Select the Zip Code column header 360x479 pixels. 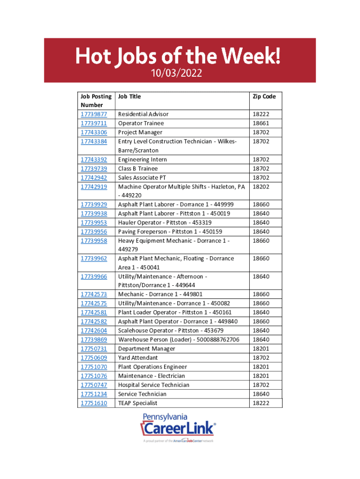pyautogui.click(x=264, y=96)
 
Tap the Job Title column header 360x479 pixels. pyautogui.click(x=130, y=96)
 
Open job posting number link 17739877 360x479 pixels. pyautogui.click(x=94, y=114)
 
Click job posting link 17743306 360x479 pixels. pyautogui.click(x=94, y=132)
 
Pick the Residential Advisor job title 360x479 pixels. pyautogui.click(x=143, y=114)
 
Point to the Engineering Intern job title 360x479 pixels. pyautogui.click(x=142, y=160)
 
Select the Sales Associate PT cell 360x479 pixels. pyautogui.click(x=142, y=177)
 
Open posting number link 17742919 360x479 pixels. pyautogui.click(x=94, y=187)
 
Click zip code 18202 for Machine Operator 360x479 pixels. pyautogui.click(x=261, y=187)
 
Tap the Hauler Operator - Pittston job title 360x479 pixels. pyautogui.click(x=165, y=223)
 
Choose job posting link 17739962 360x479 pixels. pyautogui.click(x=94, y=259)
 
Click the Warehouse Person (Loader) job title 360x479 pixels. pyautogui.click(x=179, y=340)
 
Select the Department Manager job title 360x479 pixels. pyautogui.click(x=146, y=348)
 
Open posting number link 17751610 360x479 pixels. pyautogui.click(x=94, y=403)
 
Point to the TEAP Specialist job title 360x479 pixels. pyautogui.click(x=137, y=403)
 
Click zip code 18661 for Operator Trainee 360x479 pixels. pyautogui.click(x=261, y=123)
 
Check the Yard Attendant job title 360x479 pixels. pyautogui.click(x=138, y=358)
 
